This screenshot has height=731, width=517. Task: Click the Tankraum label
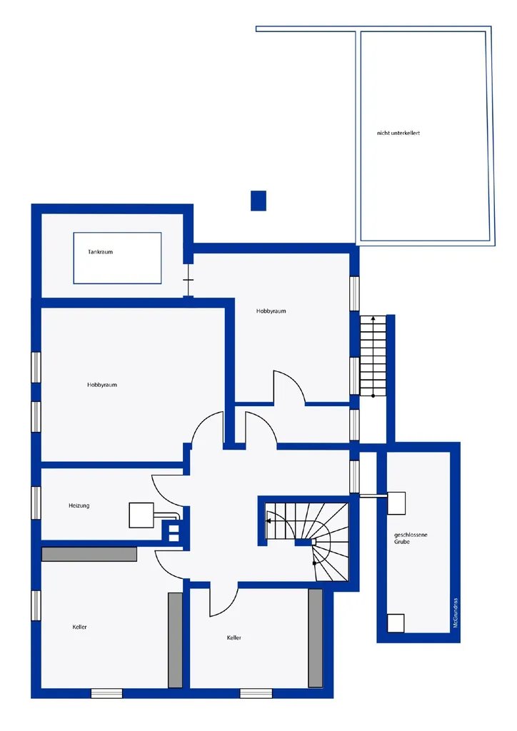(x=100, y=252)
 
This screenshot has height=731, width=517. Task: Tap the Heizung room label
(x=79, y=505)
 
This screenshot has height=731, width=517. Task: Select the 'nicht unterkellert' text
(x=398, y=133)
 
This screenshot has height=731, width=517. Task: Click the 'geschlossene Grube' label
(x=410, y=538)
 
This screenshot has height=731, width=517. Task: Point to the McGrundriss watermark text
(x=456, y=612)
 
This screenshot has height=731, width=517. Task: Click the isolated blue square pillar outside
(x=258, y=201)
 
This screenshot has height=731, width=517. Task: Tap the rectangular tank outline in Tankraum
(x=118, y=233)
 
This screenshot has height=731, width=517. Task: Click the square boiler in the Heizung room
(x=141, y=515)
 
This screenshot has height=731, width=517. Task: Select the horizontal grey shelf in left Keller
(x=89, y=554)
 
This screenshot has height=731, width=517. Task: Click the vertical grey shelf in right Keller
(x=315, y=637)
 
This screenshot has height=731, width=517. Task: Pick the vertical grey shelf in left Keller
(x=175, y=640)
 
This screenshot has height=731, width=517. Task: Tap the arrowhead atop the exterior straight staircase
(x=373, y=319)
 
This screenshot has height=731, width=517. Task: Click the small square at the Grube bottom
(x=396, y=623)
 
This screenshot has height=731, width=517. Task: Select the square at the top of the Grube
(x=396, y=503)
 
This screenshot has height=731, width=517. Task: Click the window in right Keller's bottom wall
(x=256, y=693)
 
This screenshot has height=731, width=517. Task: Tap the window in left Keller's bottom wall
(x=106, y=693)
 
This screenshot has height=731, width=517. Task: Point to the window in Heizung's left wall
(x=36, y=503)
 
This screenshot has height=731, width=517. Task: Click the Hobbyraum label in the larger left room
(x=101, y=385)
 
